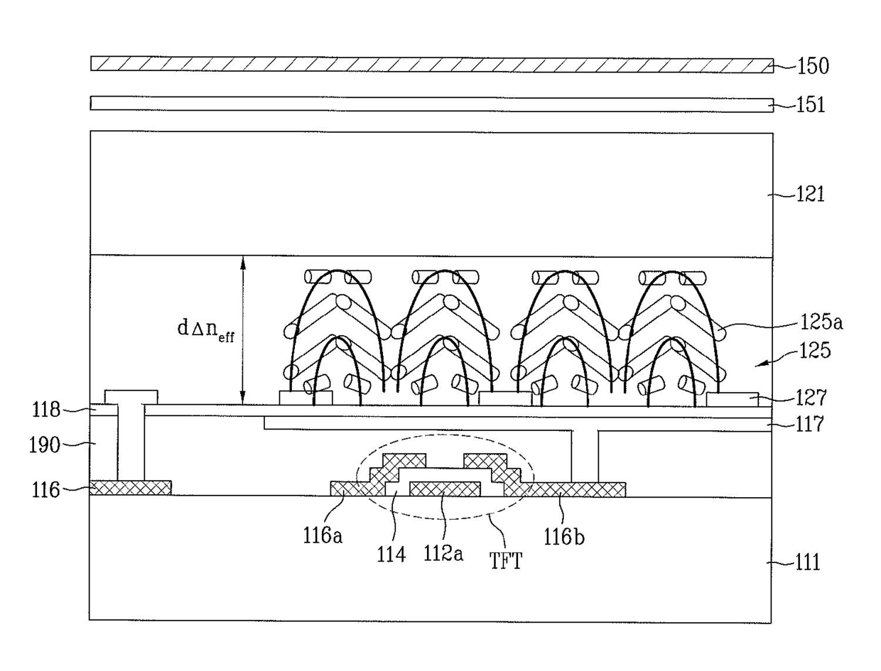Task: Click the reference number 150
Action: tap(813, 66)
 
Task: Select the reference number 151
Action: tap(811, 104)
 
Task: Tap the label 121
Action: tap(811, 195)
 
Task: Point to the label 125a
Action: tap(821, 322)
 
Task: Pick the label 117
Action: tap(810, 424)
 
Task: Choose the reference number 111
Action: tap(808, 562)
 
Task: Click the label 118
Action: tap(45, 410)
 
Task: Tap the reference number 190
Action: tap(45, 445)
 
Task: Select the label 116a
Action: tap(323, 536)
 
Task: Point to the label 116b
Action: tap(564, 536)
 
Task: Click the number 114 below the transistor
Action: tap(391, 555)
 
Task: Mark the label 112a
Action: tap(443, 554)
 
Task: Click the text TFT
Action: tap(506, 560)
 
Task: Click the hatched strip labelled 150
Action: tap(432, 64)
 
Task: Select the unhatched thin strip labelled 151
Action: tap(432, 104)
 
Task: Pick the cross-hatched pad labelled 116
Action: tap(131, 488)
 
